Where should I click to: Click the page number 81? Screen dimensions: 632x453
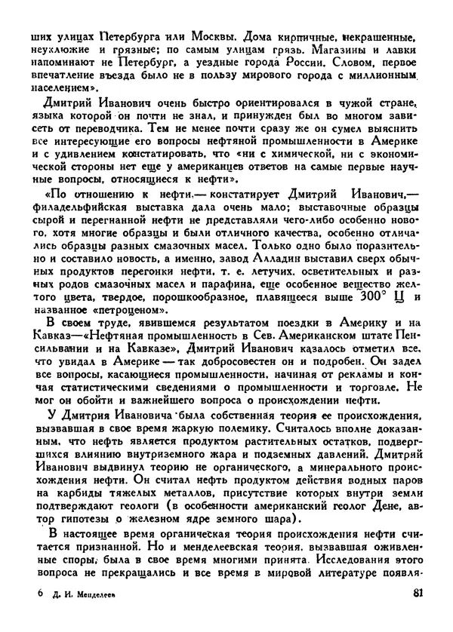tap(414, 613)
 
